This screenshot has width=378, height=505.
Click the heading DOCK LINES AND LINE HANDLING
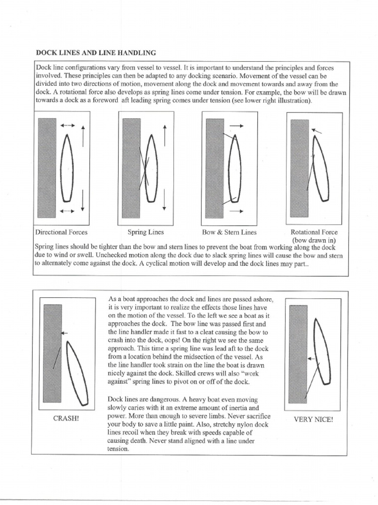pyautogui.click(x=96, y=52)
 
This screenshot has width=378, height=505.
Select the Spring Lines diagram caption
pyautogui.click(x=146, y=232)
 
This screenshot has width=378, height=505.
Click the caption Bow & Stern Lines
pyautogui.click(x=229, y=232)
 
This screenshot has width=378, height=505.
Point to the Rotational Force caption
pyautogui.click(x=314, y=232)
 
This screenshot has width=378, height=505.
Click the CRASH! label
pyautogui.click(x=66, y=418)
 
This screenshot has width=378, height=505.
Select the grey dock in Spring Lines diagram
pyautogui.click(x=131, y=168)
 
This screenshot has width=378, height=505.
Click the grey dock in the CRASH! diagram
pyautogui.click(x=53, y=353)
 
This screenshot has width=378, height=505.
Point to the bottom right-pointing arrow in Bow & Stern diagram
pyautogui.click(x=237, y=211)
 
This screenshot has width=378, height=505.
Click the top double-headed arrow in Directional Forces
pyautogui.click(x=67, y=126)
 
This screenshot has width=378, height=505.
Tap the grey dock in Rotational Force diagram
pyautogui.click(x=299, y=168)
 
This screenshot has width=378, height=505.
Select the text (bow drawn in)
pyautogui.click(x=314, y=240)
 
